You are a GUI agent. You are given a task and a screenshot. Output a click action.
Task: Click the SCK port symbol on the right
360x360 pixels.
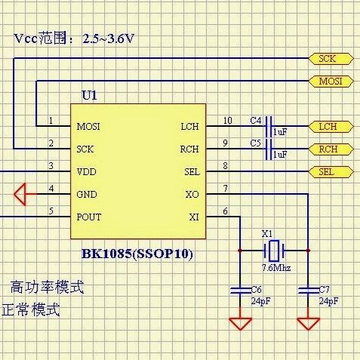pos(331,59)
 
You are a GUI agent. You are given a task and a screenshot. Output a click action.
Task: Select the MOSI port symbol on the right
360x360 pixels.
pos(331,82)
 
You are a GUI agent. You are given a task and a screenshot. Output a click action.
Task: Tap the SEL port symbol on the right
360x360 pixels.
pos(331,172)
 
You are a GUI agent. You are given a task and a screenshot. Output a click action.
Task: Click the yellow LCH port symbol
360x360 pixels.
pos(331,127)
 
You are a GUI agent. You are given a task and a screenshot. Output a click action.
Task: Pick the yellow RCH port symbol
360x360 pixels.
pos(331,149)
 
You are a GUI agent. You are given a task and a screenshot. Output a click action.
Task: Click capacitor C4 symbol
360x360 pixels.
pos(269,127)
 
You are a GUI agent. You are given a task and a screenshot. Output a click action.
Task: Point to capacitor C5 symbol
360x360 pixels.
pos(269,149)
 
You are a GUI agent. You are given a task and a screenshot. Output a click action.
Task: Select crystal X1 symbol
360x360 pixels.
pos(274,251)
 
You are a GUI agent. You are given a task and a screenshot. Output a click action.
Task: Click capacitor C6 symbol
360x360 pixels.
pos(240,291)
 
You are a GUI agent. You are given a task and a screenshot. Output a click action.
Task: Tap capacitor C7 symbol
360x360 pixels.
pos(308,291)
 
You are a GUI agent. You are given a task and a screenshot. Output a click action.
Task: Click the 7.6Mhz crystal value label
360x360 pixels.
pos(276,268)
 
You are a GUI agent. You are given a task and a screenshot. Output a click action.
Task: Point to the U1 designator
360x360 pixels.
pos(89,95)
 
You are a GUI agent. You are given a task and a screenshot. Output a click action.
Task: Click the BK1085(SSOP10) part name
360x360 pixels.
pos(137,254)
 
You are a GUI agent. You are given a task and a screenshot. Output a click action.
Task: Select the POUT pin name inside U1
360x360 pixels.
pos(89,217)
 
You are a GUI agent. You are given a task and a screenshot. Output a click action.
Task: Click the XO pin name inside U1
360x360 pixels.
pos(192,195)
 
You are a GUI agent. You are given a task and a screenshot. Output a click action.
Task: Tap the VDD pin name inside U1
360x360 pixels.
pos(86,172)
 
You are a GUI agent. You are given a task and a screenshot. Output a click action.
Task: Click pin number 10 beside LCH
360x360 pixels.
pos(228,121)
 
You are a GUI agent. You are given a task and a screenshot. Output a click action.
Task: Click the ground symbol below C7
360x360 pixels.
pos(308,324)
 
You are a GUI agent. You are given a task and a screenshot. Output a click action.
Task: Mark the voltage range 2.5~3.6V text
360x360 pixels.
pos(109,38)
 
